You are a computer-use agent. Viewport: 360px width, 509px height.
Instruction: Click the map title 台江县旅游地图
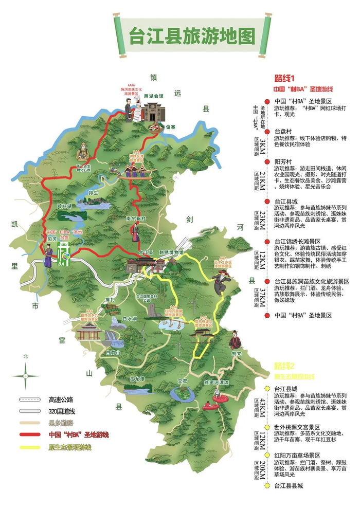click(193, 37)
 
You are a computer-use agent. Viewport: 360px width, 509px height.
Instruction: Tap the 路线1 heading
click(284, 79)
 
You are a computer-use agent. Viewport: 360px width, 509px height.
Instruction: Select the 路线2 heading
click(284, 366)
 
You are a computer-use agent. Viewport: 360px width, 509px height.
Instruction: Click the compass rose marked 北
click(26, 374)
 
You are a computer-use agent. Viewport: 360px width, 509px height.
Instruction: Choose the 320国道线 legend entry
click(62, 411)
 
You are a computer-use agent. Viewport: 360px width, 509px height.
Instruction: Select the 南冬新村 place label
click(136, 218)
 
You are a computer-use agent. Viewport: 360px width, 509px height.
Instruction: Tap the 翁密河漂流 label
click(215, 383)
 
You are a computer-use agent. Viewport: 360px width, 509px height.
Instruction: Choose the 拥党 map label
click(236, 353)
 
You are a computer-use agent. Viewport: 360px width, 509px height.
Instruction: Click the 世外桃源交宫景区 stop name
click(304, 427)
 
